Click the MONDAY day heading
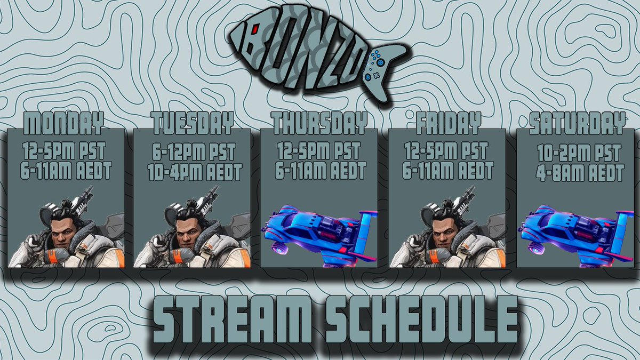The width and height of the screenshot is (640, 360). (63, 123)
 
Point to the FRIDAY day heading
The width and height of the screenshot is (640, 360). (448, 123)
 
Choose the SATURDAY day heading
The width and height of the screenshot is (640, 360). (577, 123)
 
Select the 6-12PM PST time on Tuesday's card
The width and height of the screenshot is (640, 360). (194, 151)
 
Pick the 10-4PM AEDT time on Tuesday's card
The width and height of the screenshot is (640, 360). (195, 172)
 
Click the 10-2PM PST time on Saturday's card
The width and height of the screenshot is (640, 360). (579, 153)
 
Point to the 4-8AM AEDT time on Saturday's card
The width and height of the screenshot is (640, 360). (579, 173)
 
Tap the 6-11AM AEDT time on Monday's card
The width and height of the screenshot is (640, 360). (66, 171)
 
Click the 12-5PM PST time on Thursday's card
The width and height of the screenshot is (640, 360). (319, 150)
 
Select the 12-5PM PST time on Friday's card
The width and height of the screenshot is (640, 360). (446, 150)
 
